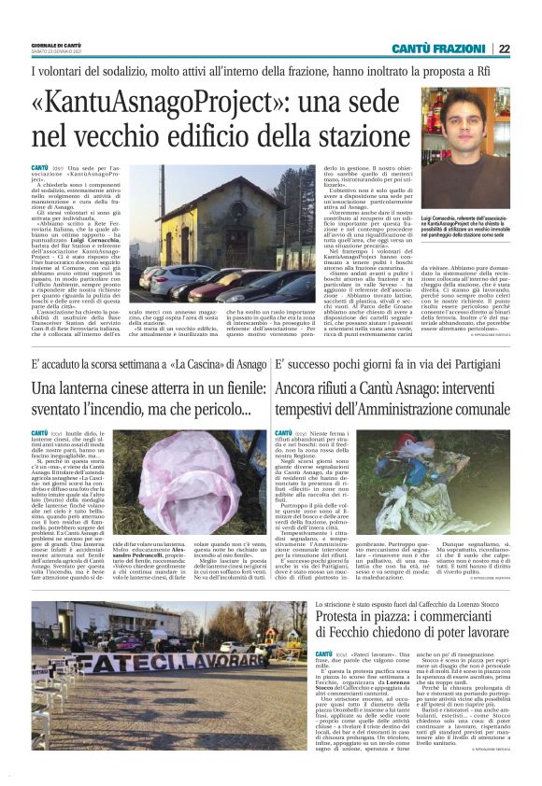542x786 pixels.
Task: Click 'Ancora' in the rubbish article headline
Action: [300, 386]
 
